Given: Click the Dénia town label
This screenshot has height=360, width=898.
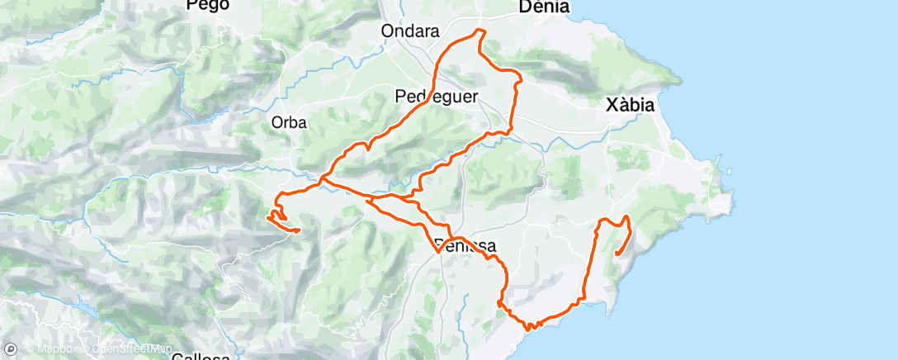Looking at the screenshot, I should (543, 7).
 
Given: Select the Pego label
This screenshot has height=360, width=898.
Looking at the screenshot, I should (207, 5).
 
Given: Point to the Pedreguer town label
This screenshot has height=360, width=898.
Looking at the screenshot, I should (437, 97).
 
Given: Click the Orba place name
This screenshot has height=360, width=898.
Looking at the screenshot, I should (289, 123).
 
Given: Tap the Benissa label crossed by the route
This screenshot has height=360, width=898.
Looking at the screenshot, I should (463, 246).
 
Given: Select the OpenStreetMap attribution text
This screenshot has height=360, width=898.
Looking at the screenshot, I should (124, 350).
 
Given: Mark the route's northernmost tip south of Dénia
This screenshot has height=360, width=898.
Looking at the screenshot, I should (479, 31).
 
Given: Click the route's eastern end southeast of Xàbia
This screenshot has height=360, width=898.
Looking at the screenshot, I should (617, 254).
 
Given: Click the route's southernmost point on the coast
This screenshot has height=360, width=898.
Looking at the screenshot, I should (528, 327).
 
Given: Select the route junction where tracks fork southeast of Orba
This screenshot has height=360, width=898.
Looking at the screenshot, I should (321, 178).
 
